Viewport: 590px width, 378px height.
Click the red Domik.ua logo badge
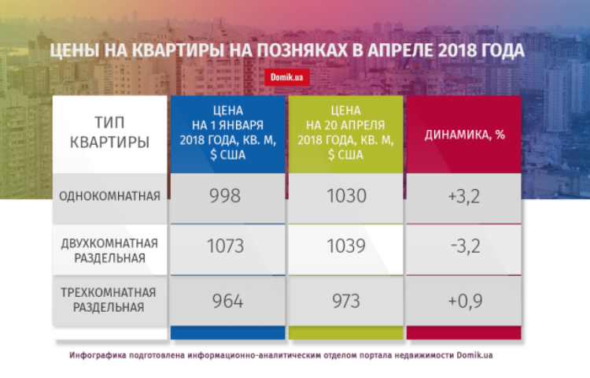click(x=286, y=77)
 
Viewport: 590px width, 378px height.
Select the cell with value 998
click(x=227, y=198)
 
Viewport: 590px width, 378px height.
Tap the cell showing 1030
click(x=345, y=198)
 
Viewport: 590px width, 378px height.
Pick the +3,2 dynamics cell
click(x=463, y=198)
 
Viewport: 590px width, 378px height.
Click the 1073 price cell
click(x=227, y=249)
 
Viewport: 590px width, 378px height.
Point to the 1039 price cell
click(x=345, y=249)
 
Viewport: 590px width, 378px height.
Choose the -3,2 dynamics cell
click(x=463, y=249)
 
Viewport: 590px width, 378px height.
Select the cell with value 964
click(x=227, y=301)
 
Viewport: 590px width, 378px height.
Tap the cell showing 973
click(x=345, y=301)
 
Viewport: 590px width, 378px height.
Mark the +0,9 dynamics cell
click(x=463, y=301)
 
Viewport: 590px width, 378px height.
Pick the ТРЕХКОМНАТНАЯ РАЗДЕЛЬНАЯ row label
click(x=109, y=301)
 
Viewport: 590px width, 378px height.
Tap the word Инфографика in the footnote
click(x=98, y=355)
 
